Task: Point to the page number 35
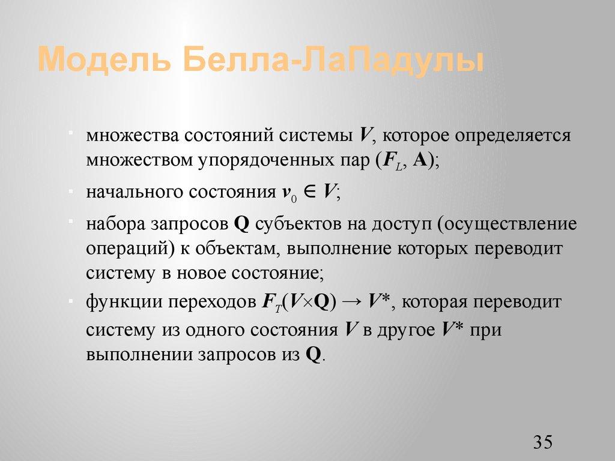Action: coord(542,442)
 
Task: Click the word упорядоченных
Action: coord(261,160)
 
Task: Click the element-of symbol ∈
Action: coord(309,192)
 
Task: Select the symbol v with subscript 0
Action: coord(289,193)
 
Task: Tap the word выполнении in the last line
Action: coord(138,354)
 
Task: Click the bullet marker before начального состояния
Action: coord(71,189)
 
